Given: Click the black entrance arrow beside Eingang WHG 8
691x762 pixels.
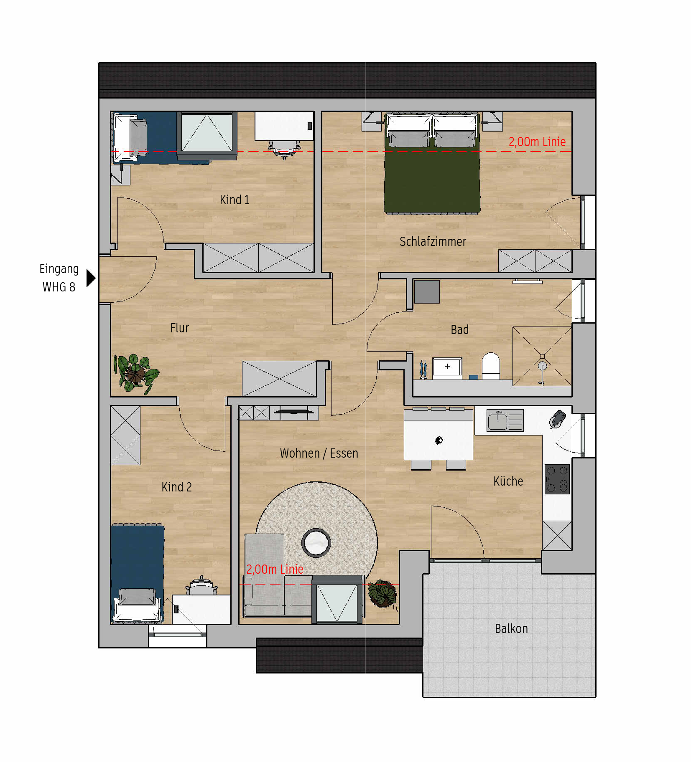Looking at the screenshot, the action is pyautogui.click(x=91, y=278).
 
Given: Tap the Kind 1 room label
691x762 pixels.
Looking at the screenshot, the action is pyautogui.click(x=235, y=200).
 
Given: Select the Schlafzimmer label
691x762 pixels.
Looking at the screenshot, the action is pyautogui.click(x=433, y=241).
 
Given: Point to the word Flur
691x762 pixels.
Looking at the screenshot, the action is pyautogui.click(x=179, y=328).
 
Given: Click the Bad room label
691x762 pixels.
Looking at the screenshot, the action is pyautogui.click(x=459, y=329).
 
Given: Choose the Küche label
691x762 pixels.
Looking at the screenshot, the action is pyautogui.click(x=508, y=481).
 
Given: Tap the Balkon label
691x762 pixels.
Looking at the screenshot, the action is pyautogui.click(x=511, y=628).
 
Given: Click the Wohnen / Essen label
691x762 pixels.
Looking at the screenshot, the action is pyautogui.click(x=319, y=453).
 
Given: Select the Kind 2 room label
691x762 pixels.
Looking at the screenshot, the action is pyautogui.click(x=176, y=487).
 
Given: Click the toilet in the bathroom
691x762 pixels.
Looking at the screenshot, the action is pyautogui.click(x=491, y=366).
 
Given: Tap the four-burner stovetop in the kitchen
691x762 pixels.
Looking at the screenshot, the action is pyautogui.click(x=557, y=479).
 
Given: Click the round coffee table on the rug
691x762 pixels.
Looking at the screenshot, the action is pyautogui.click(x=316, y=543).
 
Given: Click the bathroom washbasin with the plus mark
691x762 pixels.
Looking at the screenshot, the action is pyautogui.click(x=447, y=367).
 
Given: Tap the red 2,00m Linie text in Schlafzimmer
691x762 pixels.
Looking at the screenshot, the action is pyautogui.click(x=537, y=142).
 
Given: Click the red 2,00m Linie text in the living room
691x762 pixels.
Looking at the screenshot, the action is pyautogui.click(x=275, y=569).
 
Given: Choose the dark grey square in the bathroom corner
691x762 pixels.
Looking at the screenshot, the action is pyautogui.click(x=427, y=291).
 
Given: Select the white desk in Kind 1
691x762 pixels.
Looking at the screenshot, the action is pyautogui.click(x=284, y=126).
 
